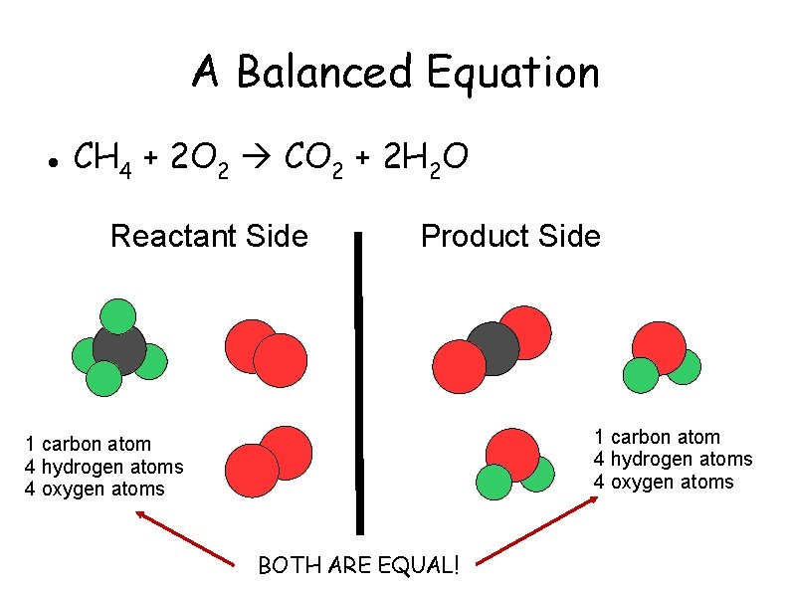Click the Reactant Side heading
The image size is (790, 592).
click(x=209, y=237)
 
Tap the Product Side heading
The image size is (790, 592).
click(x=510, y=237)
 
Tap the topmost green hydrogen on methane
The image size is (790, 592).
click(x=117, y=315)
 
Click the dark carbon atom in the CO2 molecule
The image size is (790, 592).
click(x=493, y=347)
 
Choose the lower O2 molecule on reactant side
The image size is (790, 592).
click(x=269, y=461)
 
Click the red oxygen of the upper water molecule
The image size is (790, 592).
click(x=659, y=347)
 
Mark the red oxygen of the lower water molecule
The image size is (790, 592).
click(x=512, y=454)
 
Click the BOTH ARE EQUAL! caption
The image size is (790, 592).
click(x=358, y=566)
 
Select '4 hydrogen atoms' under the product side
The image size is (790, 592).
click(x=673, y=459)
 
